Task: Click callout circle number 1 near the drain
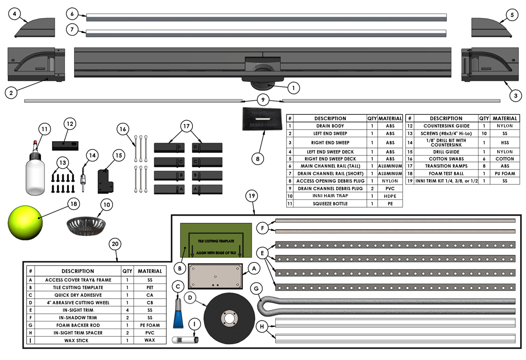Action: (293, 88)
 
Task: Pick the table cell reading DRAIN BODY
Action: (330, 126)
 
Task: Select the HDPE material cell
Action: (390, 196)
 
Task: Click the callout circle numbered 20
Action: (116, 244)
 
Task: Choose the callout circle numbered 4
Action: (15, 14)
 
